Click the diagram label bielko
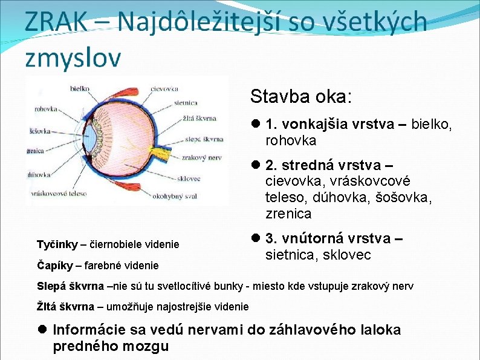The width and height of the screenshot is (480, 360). point(80,88)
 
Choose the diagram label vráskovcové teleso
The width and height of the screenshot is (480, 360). point(59,194)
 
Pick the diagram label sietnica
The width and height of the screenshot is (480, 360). point(186,103)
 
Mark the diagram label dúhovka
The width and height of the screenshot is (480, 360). point(38,175)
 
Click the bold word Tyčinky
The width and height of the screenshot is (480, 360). point(57,244)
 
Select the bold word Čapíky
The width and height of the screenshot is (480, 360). point(55,265)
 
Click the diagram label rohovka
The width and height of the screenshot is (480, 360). point(45,110)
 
